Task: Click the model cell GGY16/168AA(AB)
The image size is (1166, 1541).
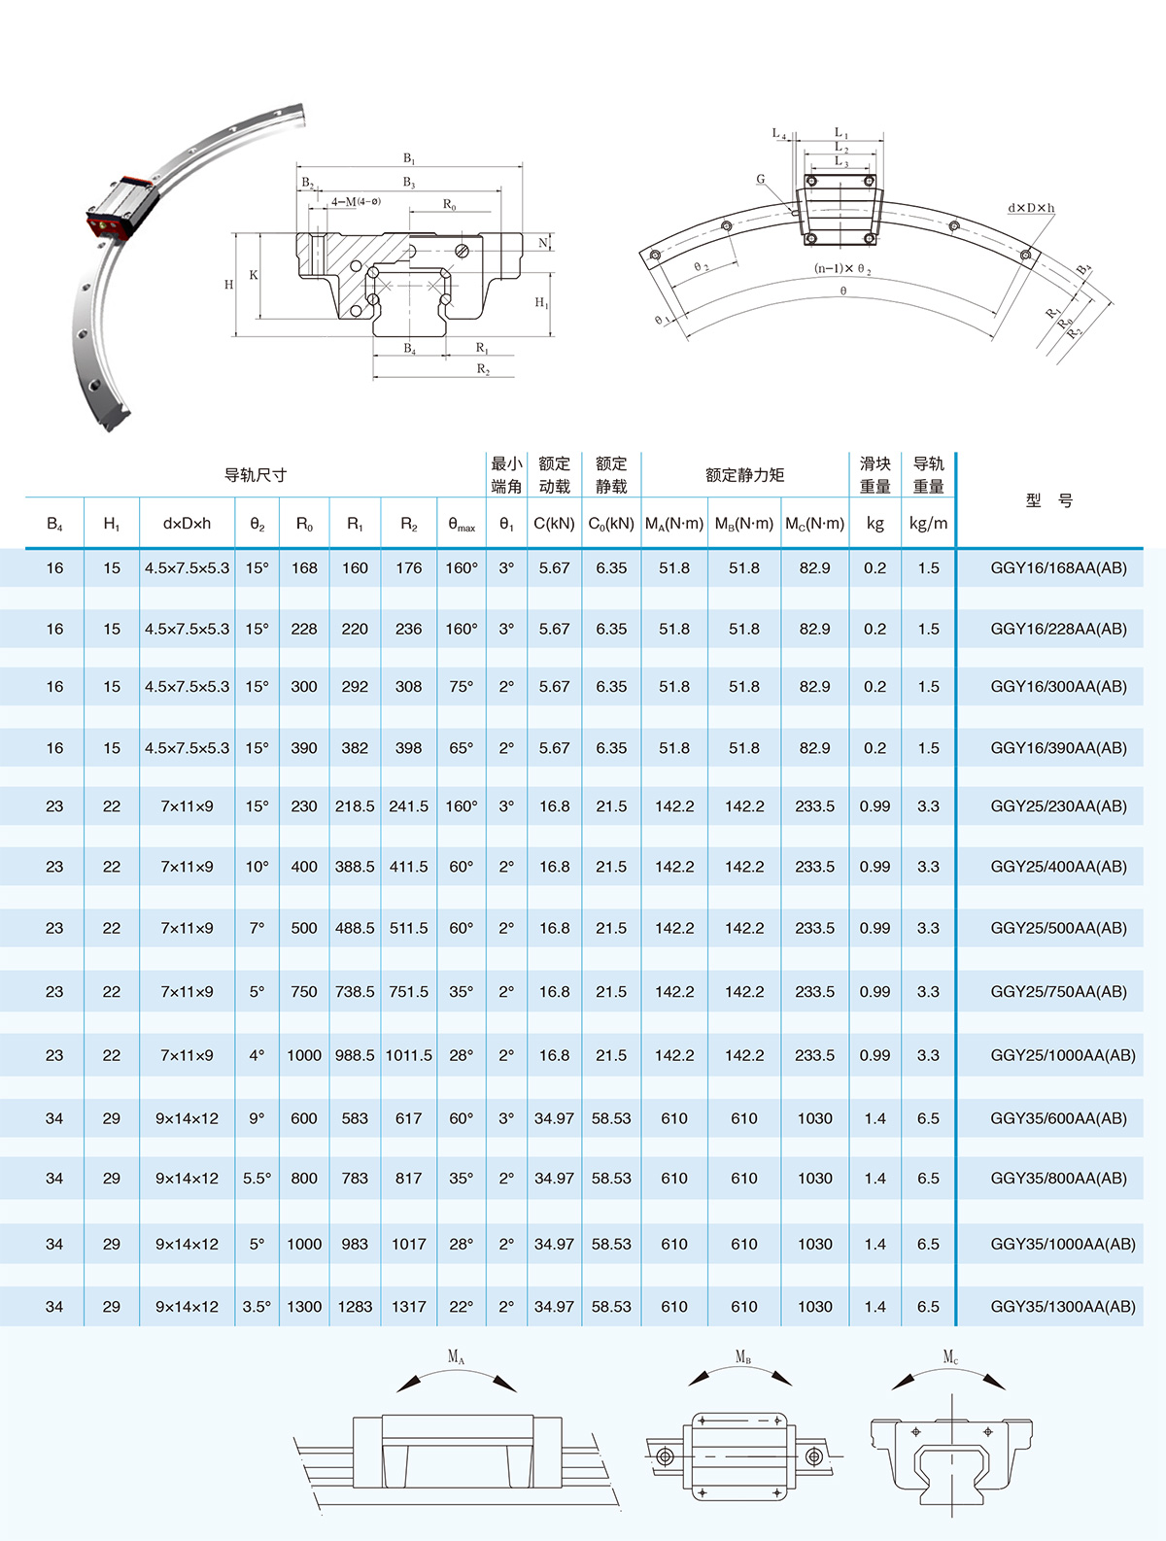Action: pyautogui.click(x=1058, y=568)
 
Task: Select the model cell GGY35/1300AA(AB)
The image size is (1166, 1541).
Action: pyautogui.click(x=1062, y=1307)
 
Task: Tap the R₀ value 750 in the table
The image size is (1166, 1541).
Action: pyautogui.click(x=304, y=992)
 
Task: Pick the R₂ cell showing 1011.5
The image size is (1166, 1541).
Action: pyautogui.click(x=408, y=1055)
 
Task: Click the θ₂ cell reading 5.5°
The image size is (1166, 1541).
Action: pyautogui.click(x=257, y=1179)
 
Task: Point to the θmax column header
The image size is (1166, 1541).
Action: pyautogui.click(x=462, y=525)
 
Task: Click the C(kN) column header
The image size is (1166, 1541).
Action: pyautogui.click(x=554, y=524)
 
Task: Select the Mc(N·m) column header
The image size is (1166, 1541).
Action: pyautogui.click(x=814, y=524)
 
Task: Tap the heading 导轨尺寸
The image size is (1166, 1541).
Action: pyautogui.click(x=256, y=475)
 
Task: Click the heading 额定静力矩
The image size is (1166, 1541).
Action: pyautogui.click(x=744, y=475)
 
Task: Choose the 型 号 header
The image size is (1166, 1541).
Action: pyautogui.click(x=1049, y=500)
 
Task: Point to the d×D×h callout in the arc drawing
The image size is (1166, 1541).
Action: pyautogui.click(x=1030, y=208)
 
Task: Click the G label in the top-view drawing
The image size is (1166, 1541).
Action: pyautogui.click(x=761, y=180)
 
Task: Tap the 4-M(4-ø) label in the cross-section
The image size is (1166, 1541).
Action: pyautogui.click(x=356, y=202)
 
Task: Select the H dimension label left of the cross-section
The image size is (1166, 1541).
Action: pyautogui.click(x=229, y=285)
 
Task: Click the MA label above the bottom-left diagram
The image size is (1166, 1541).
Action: pyautogui.click(x=456, y=1356)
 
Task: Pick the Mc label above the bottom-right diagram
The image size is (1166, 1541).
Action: pyautogui.click(x=950, y=1356)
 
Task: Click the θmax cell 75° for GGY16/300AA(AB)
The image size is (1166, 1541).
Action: pyautogui.click(x=462, y=687)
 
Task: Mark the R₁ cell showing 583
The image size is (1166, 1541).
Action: pyautogui.click(x=355, y=1119)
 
